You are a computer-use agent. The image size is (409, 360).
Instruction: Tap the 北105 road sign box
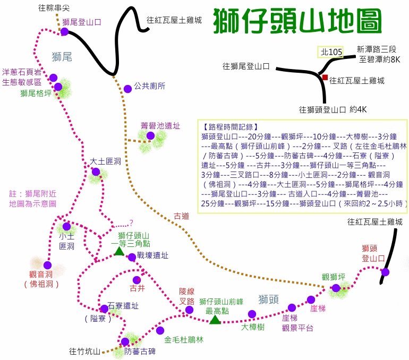[330, 52]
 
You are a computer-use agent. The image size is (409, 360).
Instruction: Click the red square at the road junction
[325, 78]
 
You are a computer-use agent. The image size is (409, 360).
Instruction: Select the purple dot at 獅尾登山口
[64, 32]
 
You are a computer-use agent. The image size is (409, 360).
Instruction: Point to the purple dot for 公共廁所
[127, 89]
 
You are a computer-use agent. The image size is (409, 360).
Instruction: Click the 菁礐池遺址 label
[160, 126]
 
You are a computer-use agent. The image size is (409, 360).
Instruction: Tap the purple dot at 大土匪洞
[96, 172]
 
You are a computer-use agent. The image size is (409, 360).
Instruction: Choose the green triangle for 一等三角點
[119, 251]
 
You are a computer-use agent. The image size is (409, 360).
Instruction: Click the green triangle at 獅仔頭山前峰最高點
[215, 320]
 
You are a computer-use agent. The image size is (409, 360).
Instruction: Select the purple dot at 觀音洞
[47, 265]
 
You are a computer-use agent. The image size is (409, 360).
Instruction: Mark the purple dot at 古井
[137, 280]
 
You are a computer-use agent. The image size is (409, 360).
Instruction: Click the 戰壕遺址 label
[152, 255]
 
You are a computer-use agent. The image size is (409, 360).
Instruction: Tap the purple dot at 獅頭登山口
[385, 272]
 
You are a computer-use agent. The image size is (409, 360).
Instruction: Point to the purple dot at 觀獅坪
[336, 288]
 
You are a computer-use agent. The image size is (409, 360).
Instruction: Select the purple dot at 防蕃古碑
[125, 342]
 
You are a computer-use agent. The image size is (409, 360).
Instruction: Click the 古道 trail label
[181, 216]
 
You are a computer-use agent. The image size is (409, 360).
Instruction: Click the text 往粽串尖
[55, 7]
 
